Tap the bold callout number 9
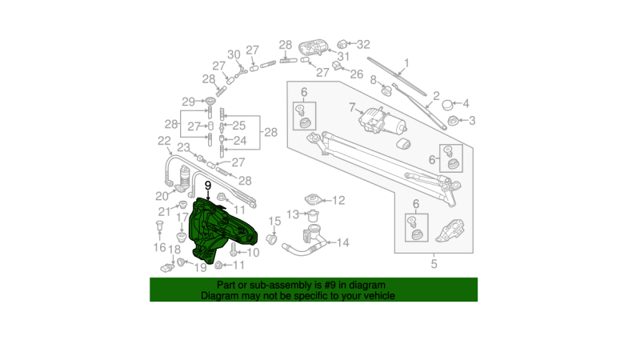pyautogui.click(x=208, y=186)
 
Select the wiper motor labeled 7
pyautogui.click(x=382, y=121)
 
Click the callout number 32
pyautogui.click(x=363, y=44)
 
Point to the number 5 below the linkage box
pyautogui.click(x=434, y=264)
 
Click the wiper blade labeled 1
pyautogui.click(x=397, y=76)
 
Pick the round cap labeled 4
pyautogui.click(x=448, y=105)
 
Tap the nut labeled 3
pyautogui.click(x=453, y=121)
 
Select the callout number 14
pyautogui.click(x=343, y=243)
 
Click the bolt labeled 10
pyautogui.click(x=234, y=250)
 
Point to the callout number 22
pyautogui.click(x=164, y=141)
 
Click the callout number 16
pyautogui.click(x=159, y=247)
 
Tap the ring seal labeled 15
pyautogui.click(x=271, y=239)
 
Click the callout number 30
pyautogui.click(x=234, y=54)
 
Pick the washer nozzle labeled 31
pyautogui.click(x=313, y=47)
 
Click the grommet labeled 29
pyautogui.click(x=210, y=102)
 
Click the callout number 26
pyautogui.click(x=356, y=74)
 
